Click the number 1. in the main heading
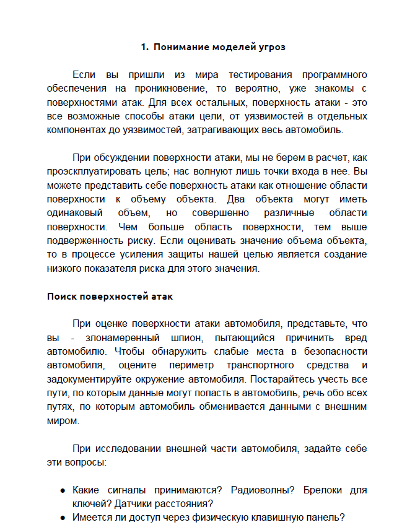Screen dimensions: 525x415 [x=145, y=46]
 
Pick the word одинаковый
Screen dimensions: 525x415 [x=76, y=213]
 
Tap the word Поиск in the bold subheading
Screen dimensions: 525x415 [x=61, y=297]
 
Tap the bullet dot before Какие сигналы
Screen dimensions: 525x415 [x=63, y=490]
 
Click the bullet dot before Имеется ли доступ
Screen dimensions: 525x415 [x=63, y=518]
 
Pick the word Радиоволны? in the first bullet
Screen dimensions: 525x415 [x=261, y=490]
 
